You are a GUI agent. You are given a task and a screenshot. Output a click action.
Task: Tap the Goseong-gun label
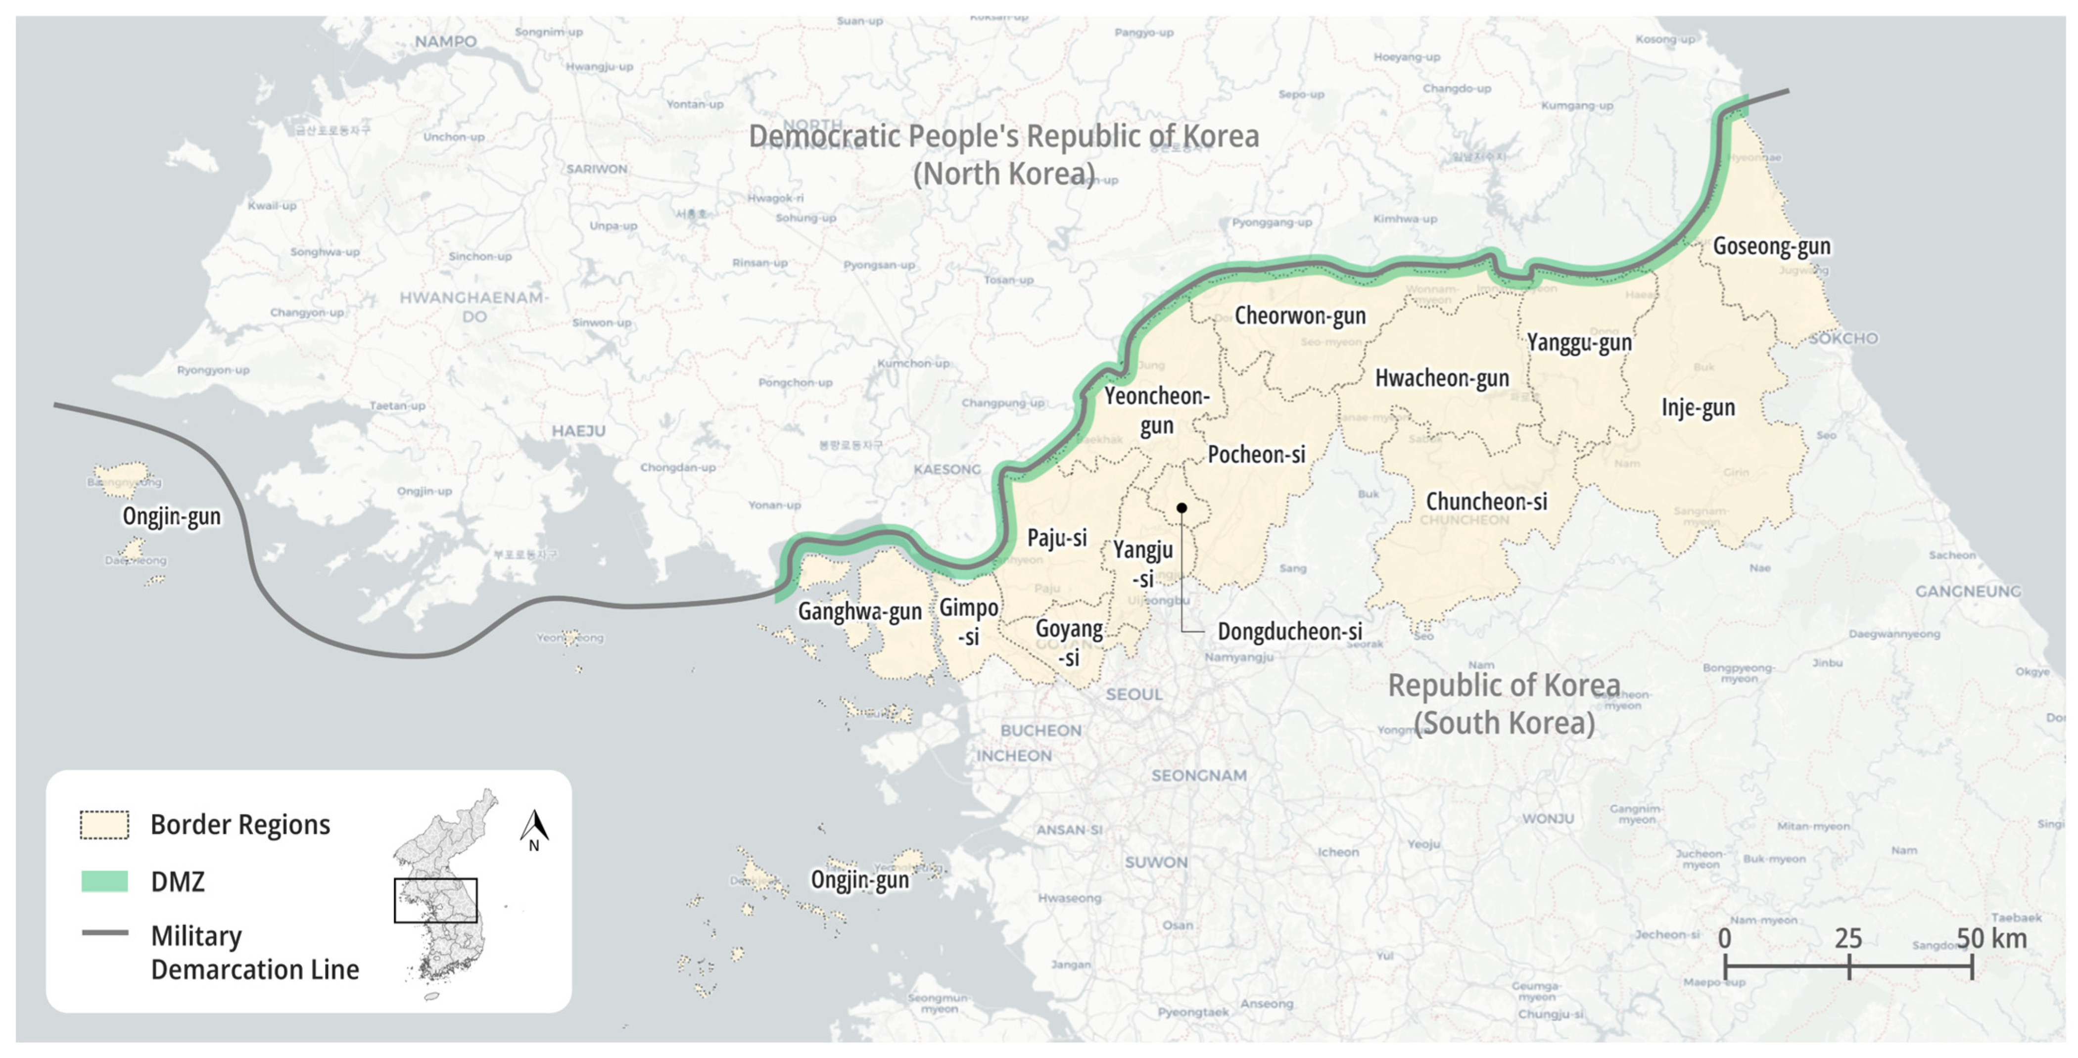[x=1771, y=246]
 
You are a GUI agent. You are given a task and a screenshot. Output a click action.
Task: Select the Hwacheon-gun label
[x=1442, y=378]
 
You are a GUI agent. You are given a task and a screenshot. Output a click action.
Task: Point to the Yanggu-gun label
[x=1579, y=343]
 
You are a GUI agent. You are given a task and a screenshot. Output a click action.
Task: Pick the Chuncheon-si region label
[x=1486, y=502]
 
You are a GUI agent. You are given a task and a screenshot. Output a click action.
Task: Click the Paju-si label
[x=1056, y=538]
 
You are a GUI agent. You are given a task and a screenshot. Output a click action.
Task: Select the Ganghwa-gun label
[x=859, y=611]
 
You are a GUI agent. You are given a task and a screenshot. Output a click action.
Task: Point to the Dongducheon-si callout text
[x=1289, y=632]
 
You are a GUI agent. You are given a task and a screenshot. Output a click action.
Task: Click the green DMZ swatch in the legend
[x=105, y=881]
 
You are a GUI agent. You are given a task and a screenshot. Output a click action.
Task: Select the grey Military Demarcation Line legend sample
[x=105, y=933]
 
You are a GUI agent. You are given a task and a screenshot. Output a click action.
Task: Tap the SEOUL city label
[x=1134, y=694]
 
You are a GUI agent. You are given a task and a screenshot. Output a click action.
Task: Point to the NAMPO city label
[x=445, y=41]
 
